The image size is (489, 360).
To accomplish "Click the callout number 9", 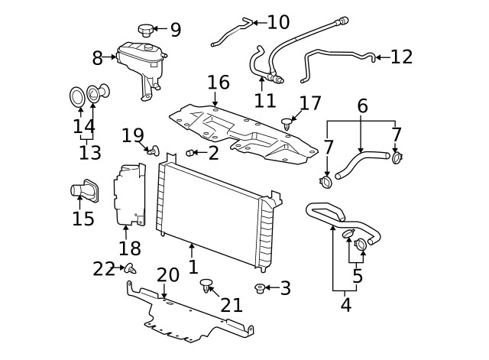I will pos(175,31).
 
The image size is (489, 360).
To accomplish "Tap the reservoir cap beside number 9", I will pos(145,30).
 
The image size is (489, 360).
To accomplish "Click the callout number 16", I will pos(218,83).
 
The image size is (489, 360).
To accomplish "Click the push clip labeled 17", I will pos(288,120).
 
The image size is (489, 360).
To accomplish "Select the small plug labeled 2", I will pos(191,153).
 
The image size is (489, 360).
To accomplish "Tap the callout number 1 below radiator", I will pos(193,267).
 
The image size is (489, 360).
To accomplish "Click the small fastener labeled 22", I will pos(131,268).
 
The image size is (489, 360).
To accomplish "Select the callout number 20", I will pos(168,275).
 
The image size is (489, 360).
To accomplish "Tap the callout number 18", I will pos(130,248).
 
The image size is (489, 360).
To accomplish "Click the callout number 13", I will pos(89,152).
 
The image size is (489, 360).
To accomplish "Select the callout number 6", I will pos(362,106).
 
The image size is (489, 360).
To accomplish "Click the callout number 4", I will pos(345,304).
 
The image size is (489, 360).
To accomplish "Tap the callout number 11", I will pos(265,100).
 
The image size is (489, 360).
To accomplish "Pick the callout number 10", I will pos(278,22).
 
